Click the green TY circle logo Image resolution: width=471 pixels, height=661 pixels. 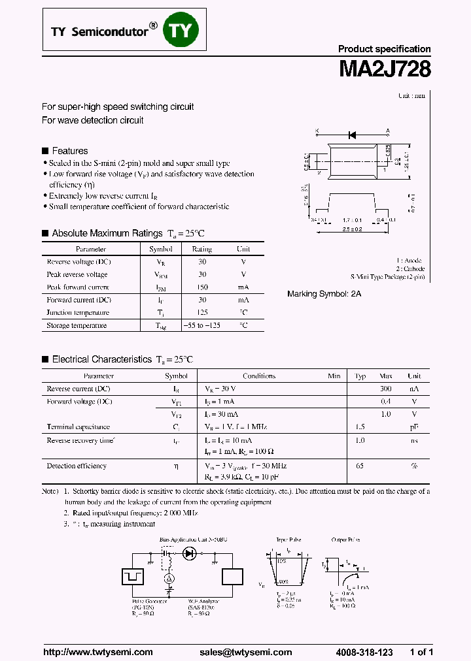point(183,29)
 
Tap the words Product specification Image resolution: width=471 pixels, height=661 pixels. point(384,49)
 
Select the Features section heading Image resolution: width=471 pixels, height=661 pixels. point(69,151)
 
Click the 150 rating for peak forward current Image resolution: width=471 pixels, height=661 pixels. point(201,287)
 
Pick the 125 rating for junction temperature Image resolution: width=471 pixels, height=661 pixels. point(201,313)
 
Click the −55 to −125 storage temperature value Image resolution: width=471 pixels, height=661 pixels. point(201,325)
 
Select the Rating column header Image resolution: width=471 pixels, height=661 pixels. point(201,249)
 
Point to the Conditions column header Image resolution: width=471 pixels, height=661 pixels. point(259,376)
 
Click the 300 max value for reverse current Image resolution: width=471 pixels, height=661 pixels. point(386,389)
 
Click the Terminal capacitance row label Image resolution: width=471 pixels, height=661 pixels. point(78,427)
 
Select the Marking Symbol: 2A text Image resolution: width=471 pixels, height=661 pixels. point(324,295)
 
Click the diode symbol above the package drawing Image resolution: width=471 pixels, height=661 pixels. point(352,135)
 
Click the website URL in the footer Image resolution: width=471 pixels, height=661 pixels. point(97,652)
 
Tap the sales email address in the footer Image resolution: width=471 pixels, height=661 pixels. point(245,652)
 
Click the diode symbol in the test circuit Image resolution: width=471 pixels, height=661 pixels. point(190,553)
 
